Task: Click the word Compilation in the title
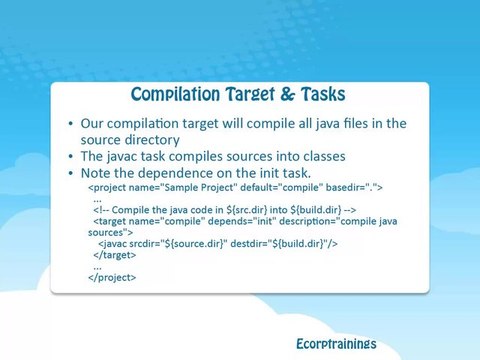point(175,94)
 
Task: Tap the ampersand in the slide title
point(288,94)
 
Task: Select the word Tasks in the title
point(323,94)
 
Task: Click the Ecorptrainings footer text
point(336,344)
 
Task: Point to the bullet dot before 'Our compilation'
point(70,124)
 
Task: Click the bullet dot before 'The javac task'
point(70,156)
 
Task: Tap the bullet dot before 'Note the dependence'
point(70,173)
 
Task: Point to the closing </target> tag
point(115,255)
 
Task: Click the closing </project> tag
point(112,277)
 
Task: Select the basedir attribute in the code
point(354,187)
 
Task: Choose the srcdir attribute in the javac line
point(178,244)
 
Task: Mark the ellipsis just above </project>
point(97,268)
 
